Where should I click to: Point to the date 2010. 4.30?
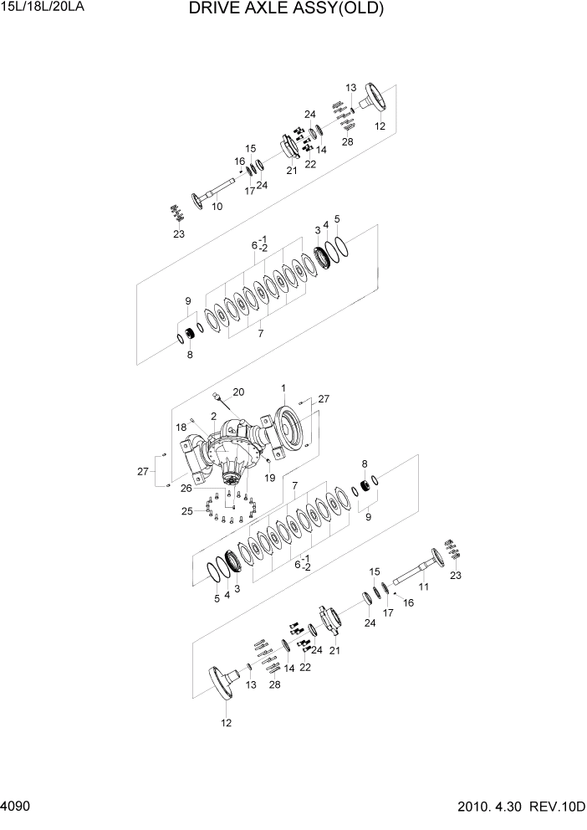click(491, 810)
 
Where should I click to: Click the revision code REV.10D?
click(559, 810)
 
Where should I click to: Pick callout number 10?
click(217, 207)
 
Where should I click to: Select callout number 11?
click(422, 588)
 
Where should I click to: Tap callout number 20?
click(238, 392)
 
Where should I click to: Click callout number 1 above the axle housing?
click(283, 388)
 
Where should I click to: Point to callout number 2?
click(214, 416)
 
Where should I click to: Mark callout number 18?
click(181, 427)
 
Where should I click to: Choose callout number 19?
click(268, 478)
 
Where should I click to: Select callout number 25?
click(188, 510)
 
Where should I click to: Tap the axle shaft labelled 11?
click(414, 570)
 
